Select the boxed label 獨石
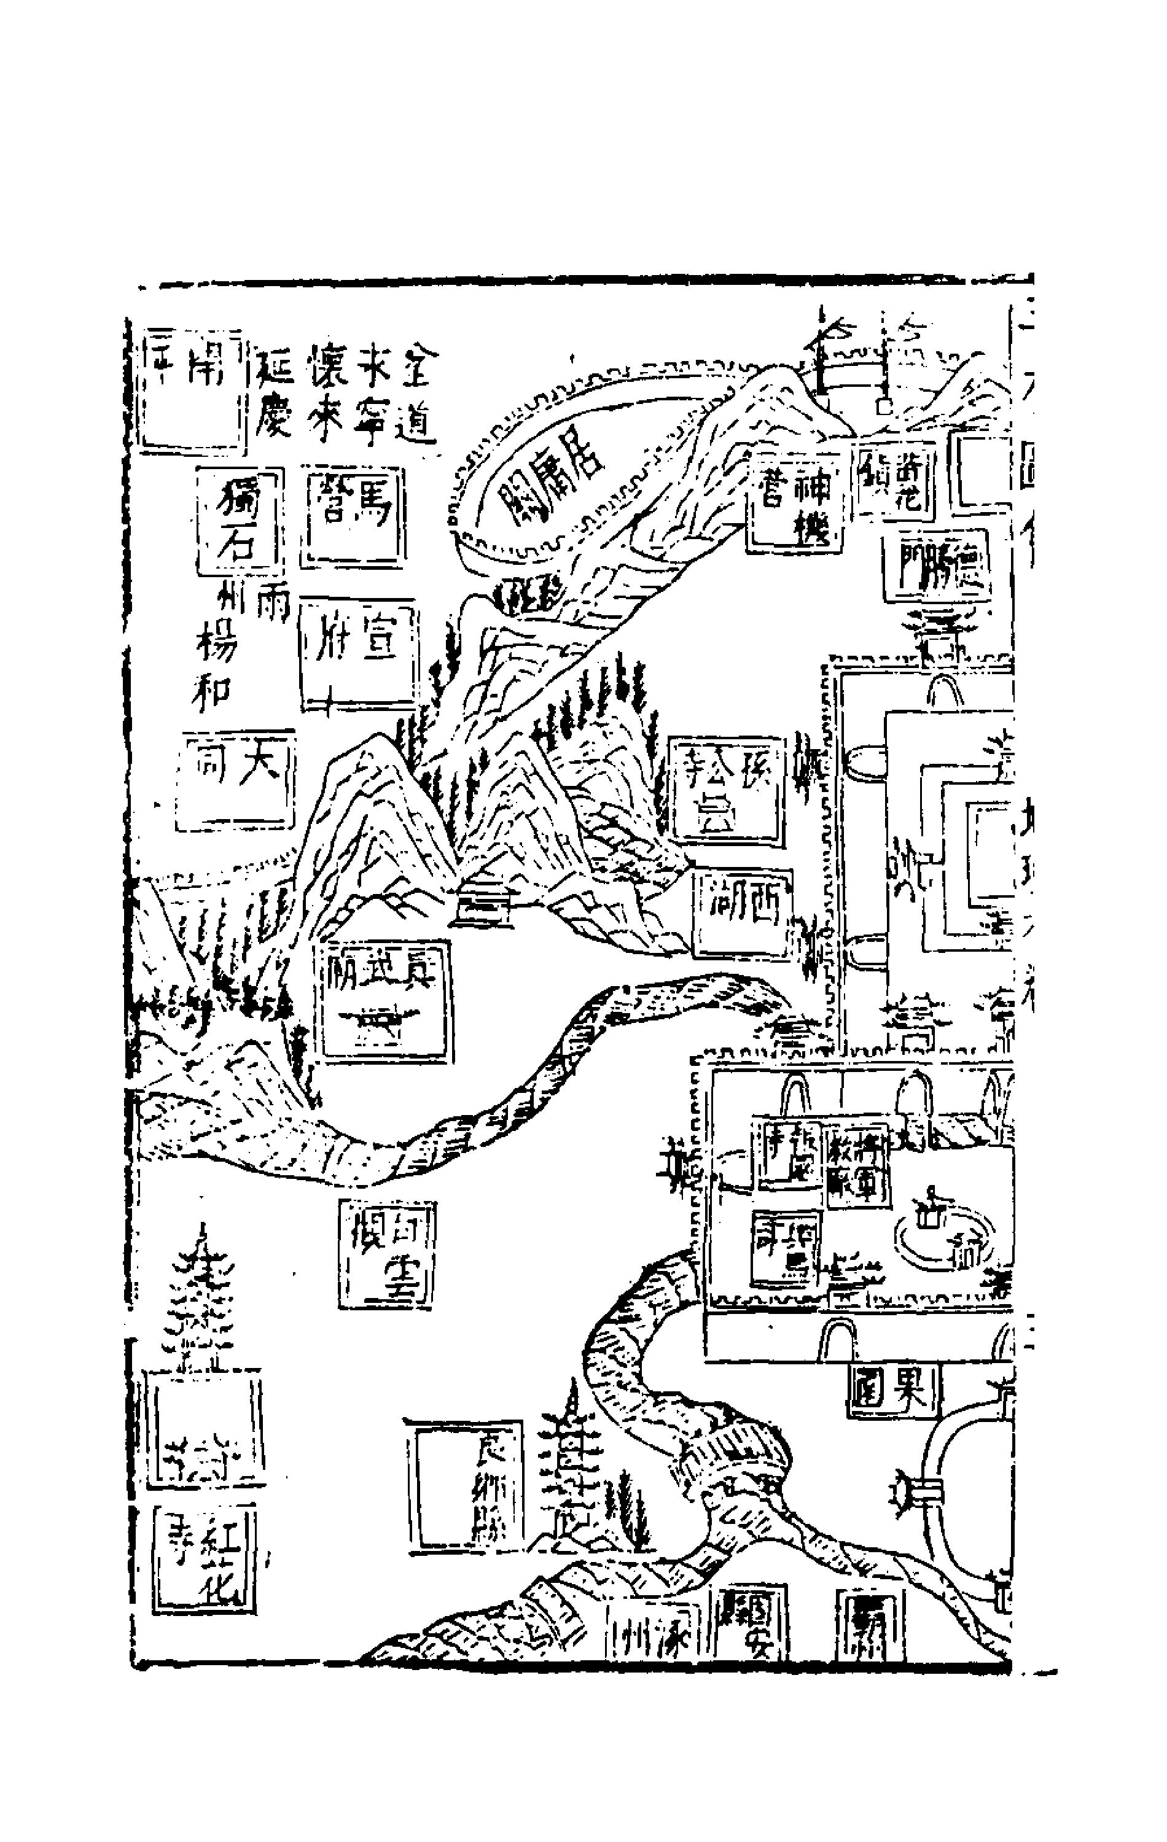tap(239, 523)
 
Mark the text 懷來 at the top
tap(324, 392)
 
